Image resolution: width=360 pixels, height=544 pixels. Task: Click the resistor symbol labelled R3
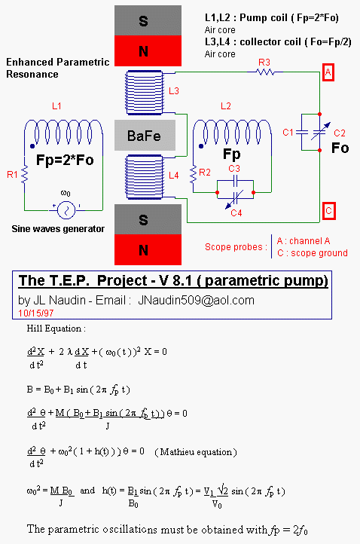tap(265, 72)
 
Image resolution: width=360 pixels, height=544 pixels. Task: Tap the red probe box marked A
tap(328, 72)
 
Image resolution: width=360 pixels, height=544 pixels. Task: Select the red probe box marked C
tap(329, 211)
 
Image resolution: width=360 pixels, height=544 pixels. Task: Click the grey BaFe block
tap(145, 136)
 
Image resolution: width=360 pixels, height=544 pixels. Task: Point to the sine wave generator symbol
tap(66, 210)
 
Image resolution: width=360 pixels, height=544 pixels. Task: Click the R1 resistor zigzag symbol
tap(24, 175)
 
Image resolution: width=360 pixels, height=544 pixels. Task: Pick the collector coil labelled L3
tap(145, 92)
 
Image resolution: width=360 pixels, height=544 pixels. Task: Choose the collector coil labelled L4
tap(145, 177)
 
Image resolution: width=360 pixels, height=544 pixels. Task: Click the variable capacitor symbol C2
tap(320, 132)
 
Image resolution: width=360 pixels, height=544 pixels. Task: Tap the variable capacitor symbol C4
tap(236, 199)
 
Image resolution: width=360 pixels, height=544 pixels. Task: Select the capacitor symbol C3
tap(235, 180)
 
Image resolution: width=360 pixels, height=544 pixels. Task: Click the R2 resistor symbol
tap(193, 175)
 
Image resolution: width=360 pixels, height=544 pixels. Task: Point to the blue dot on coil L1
tap(32, 146)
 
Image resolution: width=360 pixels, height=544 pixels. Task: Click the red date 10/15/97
tap(35, 313)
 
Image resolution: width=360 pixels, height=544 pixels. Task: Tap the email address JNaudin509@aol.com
tap(196, 301)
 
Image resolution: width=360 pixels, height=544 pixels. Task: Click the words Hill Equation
tap(53, 329)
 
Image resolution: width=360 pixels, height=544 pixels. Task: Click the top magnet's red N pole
tap(148, 50)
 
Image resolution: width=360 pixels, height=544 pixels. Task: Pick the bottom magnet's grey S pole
tap(148, 219)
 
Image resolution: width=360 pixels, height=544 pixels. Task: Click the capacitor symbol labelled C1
tap(302, 132)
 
